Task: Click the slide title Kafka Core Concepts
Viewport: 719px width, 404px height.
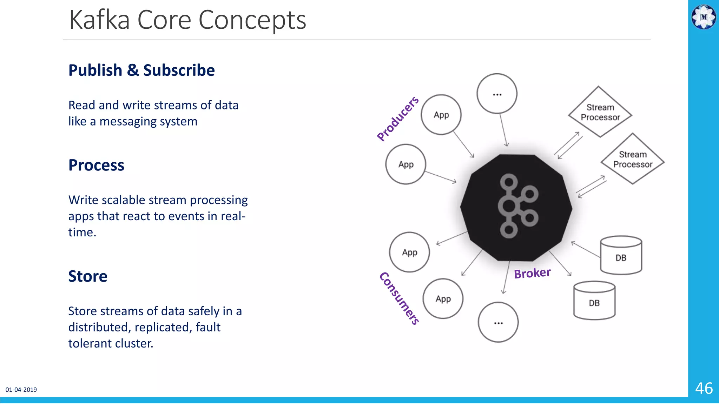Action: [x=187, y=20]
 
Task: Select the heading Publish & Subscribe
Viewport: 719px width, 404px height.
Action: [x=141, y=70]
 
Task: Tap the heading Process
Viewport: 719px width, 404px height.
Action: [x=96, y=165]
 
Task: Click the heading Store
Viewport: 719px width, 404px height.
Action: [x=88, y=276]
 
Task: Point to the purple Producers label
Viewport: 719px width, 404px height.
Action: [x=398, y=119]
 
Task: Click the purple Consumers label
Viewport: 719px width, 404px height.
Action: [x=400, y=298]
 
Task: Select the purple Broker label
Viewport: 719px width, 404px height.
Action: [x=532, y=273]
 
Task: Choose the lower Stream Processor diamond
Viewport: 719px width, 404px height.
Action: [x=633, y=159]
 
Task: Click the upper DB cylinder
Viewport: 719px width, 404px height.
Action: [x=621, y=256]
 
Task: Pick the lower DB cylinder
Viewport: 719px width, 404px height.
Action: [x=594, y=301]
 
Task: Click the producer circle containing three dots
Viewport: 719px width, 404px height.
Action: [x=497, y=94]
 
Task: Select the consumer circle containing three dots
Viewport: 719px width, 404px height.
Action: [x=498, y=322]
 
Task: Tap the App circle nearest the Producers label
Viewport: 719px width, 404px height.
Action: [x=441, y=115]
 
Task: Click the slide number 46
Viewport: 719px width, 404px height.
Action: [x=704, y=388]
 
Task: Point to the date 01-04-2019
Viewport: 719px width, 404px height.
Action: [x=21, y=390]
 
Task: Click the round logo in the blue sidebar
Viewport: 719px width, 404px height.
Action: [x=704, y=16]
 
